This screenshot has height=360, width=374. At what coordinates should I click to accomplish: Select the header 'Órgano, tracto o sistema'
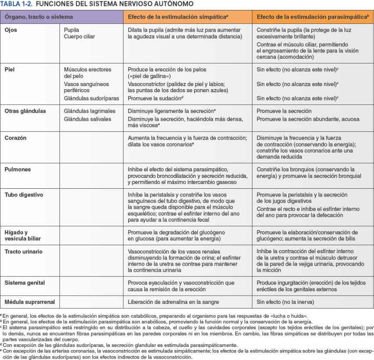39,17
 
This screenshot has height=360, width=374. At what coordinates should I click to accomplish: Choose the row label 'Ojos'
11,30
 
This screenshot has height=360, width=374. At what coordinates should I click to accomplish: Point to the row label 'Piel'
10,69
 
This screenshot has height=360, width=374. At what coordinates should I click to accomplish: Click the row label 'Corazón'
16,138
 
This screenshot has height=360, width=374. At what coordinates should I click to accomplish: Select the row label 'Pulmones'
17,169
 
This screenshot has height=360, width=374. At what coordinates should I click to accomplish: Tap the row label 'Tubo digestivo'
24,195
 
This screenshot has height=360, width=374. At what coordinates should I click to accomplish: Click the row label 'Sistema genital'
25,283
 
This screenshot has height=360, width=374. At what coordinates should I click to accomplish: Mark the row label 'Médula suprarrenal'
30,302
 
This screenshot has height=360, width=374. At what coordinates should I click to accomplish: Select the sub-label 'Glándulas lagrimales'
90,111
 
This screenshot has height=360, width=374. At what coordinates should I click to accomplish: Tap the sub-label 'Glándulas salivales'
87,119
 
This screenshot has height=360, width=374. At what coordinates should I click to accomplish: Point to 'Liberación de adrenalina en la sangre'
173,302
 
